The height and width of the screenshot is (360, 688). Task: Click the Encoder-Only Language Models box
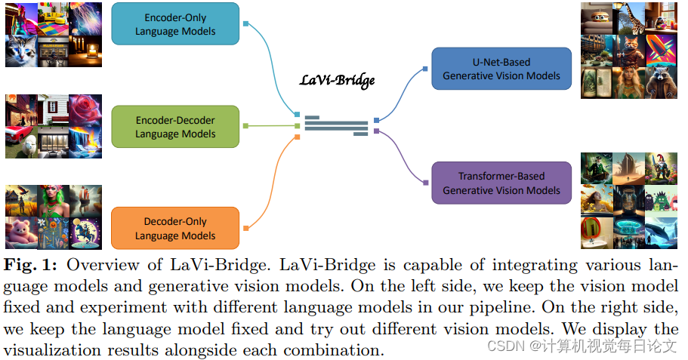pyautogui.click(x=175, y=23)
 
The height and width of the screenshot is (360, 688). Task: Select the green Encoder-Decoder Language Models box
pyautogui.click(x=175, y=127)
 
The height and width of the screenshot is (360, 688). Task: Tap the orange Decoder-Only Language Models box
pyautogui.click(x=175, y=229)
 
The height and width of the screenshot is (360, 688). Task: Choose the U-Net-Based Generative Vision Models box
pyautogui.click(x=501, y=69)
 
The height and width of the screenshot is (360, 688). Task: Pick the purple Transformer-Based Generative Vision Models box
pyautogui.click(x=501, y=183)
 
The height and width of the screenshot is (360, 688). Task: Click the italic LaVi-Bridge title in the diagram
pyautogui.click(x=337, y=80)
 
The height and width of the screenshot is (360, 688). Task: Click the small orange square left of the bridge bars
pyautogui.click(x=298, y=137)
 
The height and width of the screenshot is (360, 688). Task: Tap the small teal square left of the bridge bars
pyautogui.click(x=298, y=115)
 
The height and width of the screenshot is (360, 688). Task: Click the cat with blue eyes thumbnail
pyautogui.click(x=21, y=50)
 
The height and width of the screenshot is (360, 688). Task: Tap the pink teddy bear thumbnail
pyautogui.click(x=20, y=232)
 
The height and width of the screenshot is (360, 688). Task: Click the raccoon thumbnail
pyautogui.click(x=662, y=82)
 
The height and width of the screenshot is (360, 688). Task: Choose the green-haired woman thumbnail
pyautogui.click(x=53, y=200)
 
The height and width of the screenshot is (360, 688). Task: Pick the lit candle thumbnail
pyautogui.click(x=85, y=50)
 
